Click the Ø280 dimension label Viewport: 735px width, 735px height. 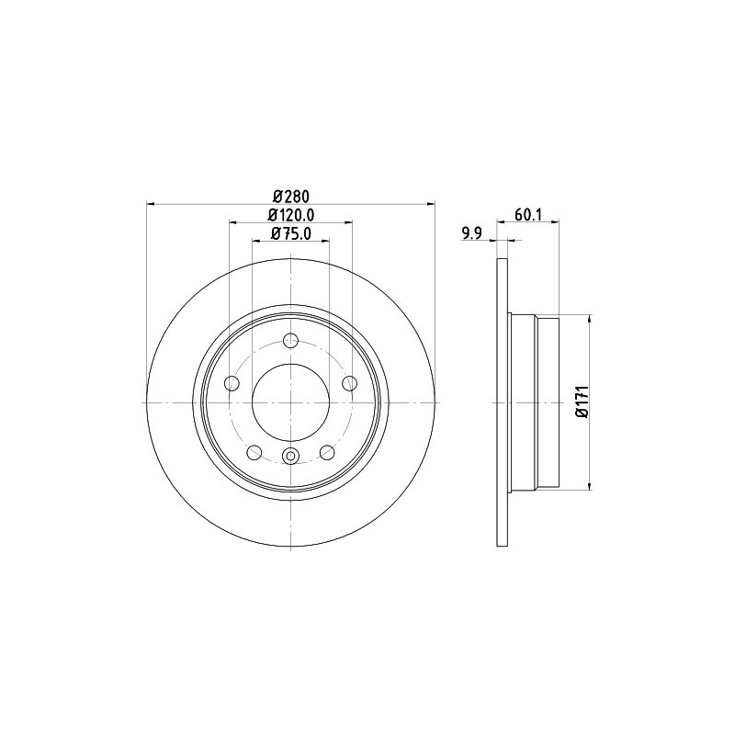pyautogui.click(x=290, y=196)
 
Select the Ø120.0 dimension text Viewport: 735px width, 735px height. pyautogui.click(x=290, y=214)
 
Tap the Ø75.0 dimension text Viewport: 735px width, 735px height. pyautogui.click(x=290, y=233)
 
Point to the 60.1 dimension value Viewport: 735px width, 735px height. pyautogui.click(x=528, y=215)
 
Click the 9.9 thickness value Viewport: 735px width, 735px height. pyautogui.click(x=472, y=233)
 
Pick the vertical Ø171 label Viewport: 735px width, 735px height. pyautogui.click(x=582, y=401)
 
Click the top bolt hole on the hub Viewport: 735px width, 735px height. pyautogui.click(x=291, y=340)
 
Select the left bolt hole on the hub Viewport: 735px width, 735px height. pyautogui.click(x=232, y=383)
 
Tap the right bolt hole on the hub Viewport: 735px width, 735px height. pyautogui.click(x=350, y=383)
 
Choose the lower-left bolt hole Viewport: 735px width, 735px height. pyautogui.click(x=254, y=452)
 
